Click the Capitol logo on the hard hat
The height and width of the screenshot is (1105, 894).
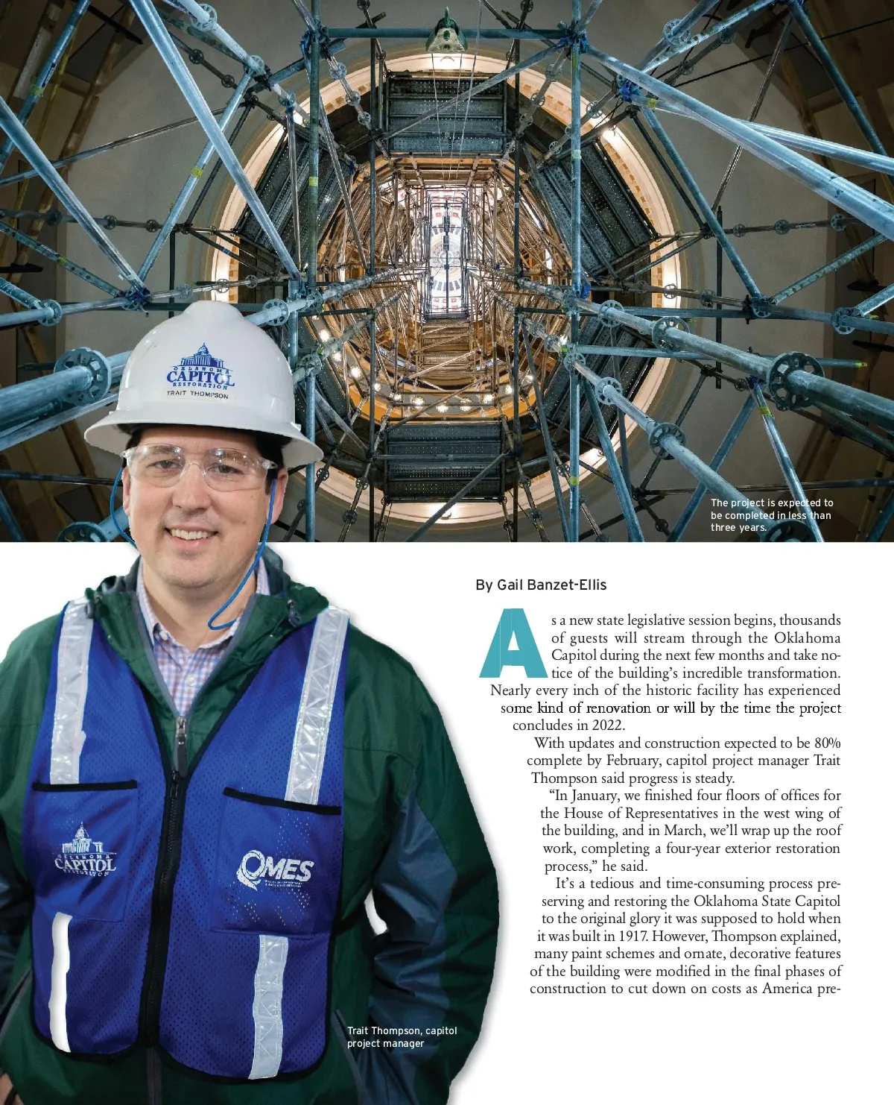pyautogui.click(x=200, y=368)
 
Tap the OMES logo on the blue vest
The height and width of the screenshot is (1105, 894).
pyautogui.click(x=275, y=869)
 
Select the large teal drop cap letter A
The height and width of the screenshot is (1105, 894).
pyautogui.click(x=513, y=643)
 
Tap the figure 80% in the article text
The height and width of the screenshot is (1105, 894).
pyautogui.click(x=827, y=743)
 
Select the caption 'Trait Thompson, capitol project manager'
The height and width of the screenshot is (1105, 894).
pyautogui.click(x=402, y=1036)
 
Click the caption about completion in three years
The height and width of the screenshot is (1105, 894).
pyautogui.click(x=771, y=515)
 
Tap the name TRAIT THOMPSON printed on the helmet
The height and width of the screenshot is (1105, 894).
pyautogui.click(x=197, y=394)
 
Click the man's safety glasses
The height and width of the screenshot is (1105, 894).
pyautogui.click(x=200, y=467)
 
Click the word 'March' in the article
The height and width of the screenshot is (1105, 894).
pyautogui.click(x=682, y=831)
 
